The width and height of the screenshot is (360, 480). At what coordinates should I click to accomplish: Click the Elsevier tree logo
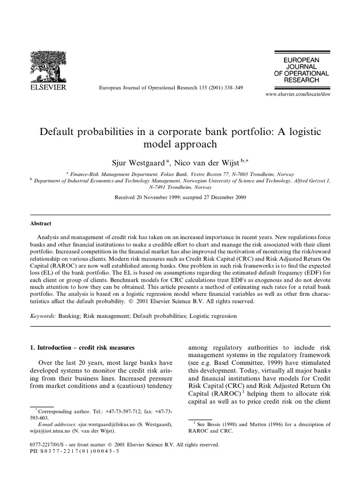coord(49,65)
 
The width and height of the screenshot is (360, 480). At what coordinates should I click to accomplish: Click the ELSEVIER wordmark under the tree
coord(49,87)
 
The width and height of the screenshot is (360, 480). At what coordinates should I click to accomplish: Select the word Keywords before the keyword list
coord(43,316)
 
